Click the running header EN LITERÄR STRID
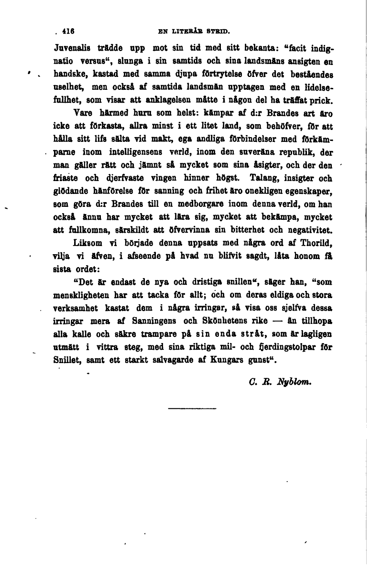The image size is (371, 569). (194, 33)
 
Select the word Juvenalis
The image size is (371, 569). (71, 49)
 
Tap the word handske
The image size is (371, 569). (70, 75)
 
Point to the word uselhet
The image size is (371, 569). (70, 88)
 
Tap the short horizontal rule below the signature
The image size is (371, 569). (185, 408)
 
